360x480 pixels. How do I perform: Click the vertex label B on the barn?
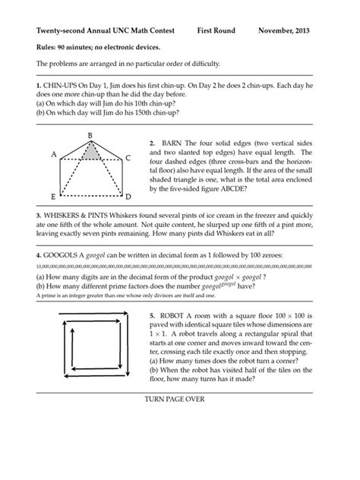coord(90,135)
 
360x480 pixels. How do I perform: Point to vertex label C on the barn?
coord(128,158)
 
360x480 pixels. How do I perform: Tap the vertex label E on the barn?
coord(52,195)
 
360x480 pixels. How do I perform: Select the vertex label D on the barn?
coord(128,196)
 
